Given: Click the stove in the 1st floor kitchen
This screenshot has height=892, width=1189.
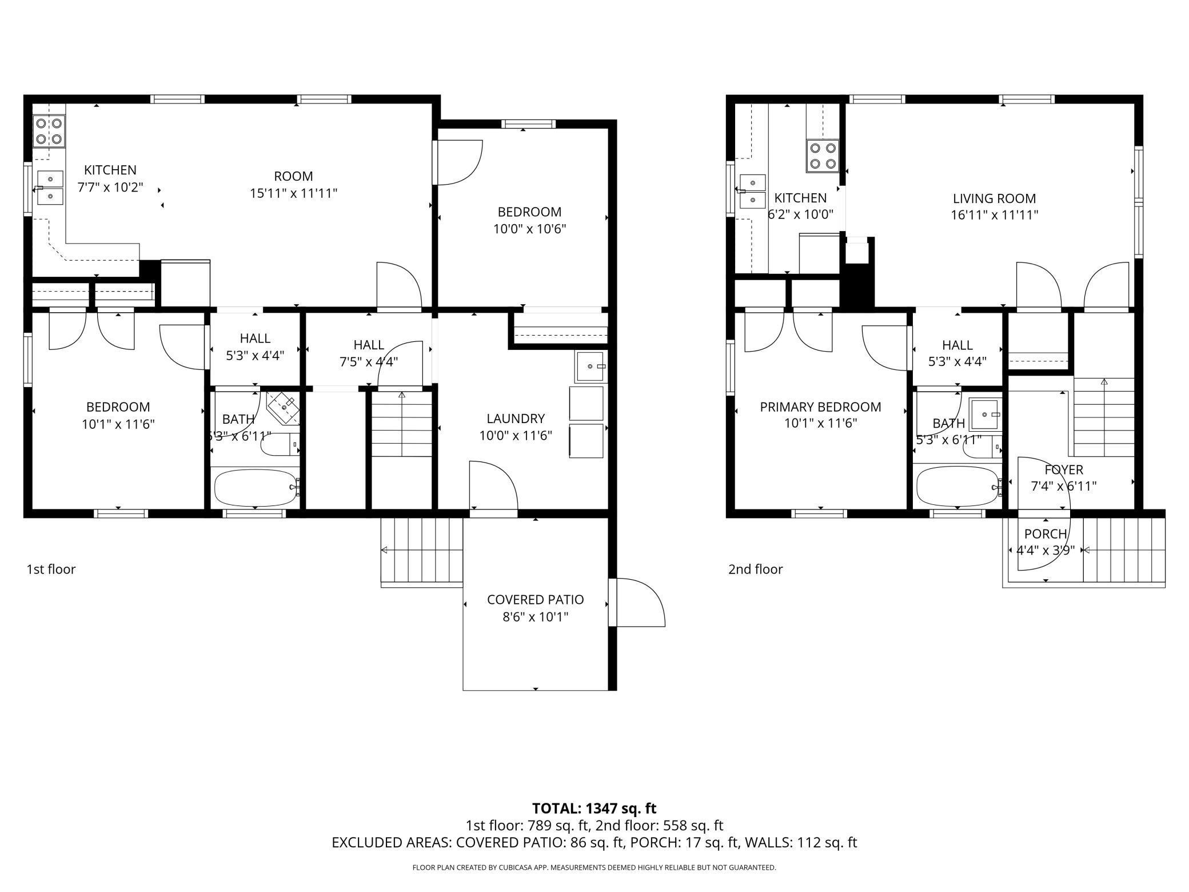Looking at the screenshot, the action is click(x=48, y=131).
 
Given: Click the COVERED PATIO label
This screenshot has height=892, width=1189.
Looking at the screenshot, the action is click(x=535, y=600).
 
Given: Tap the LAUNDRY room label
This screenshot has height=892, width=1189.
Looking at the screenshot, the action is click(x=516, y=419).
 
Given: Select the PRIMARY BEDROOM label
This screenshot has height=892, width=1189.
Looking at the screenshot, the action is click(x=820, y=407).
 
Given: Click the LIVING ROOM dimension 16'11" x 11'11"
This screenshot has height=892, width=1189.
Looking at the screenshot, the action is click(x=995, y=215).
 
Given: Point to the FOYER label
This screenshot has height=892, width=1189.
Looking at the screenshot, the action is click(x=1064, y=470).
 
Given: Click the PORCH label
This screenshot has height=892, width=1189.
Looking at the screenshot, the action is click(x=1046, y=534).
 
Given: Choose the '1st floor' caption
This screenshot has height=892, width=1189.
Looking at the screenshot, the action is click(x=51, y=570).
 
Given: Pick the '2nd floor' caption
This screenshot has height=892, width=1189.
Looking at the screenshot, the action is click(x=755, y=570).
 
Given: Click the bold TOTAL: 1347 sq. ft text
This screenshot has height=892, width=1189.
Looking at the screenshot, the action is click(x=594, y=809).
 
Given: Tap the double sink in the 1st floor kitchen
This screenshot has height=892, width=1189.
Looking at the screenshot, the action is click(x=50, y=188).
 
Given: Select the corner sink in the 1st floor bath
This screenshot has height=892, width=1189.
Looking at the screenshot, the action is click(x=284, y=408).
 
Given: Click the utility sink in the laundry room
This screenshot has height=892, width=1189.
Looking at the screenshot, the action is click(x=591, y=367).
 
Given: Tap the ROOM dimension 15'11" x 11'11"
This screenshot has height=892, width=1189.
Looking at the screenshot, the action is click(x=293, y=193).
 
